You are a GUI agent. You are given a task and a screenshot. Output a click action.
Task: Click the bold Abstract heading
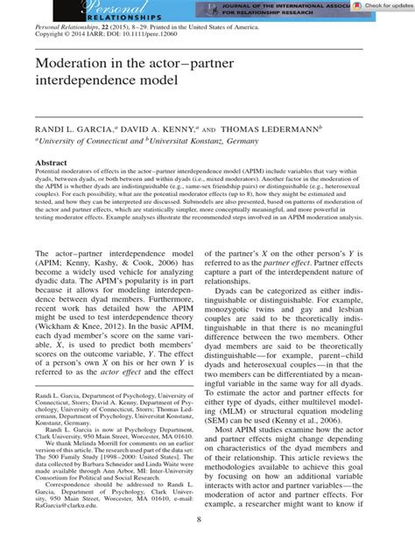tap(51, 163)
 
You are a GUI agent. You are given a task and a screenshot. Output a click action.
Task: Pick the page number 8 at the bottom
tap(207, 544)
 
